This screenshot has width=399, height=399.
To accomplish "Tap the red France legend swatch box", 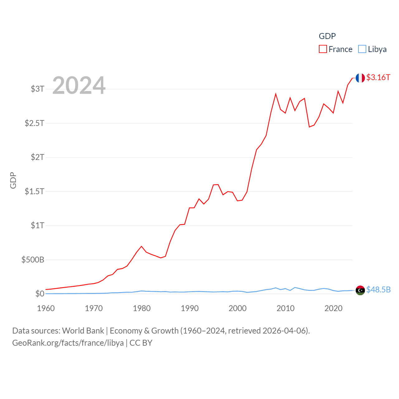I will tap(323, 49).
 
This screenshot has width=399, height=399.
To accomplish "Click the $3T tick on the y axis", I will tap(37, 89).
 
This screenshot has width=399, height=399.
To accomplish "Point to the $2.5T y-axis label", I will tap(34, 123).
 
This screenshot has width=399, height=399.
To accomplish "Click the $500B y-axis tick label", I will tap(33, 260).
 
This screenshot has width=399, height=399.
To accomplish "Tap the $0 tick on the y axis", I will tap(40, 294).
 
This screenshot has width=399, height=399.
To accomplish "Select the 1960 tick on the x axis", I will tap(46, 308).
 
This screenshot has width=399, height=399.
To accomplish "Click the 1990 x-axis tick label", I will tap(190, 308).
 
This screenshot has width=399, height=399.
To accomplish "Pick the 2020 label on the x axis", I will tap(333, 308).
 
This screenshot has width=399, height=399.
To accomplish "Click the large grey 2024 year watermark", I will tap(79, 85).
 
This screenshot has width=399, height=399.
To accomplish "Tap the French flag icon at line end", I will tap(360, 78).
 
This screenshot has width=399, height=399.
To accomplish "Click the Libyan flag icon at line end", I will tap(360, 290).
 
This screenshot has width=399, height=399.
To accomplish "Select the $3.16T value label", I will tap(378, 77).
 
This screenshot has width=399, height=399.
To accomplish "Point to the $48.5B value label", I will tap(378, 290).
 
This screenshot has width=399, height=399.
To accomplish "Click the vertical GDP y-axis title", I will tap(13, 180).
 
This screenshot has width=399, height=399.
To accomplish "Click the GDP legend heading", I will tap(327, 36).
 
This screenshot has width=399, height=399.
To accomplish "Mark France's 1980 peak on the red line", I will tap(142, 246).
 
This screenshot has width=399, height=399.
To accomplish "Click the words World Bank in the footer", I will tap(83, 330).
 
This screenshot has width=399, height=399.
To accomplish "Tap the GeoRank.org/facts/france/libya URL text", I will tap(68, 343).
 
